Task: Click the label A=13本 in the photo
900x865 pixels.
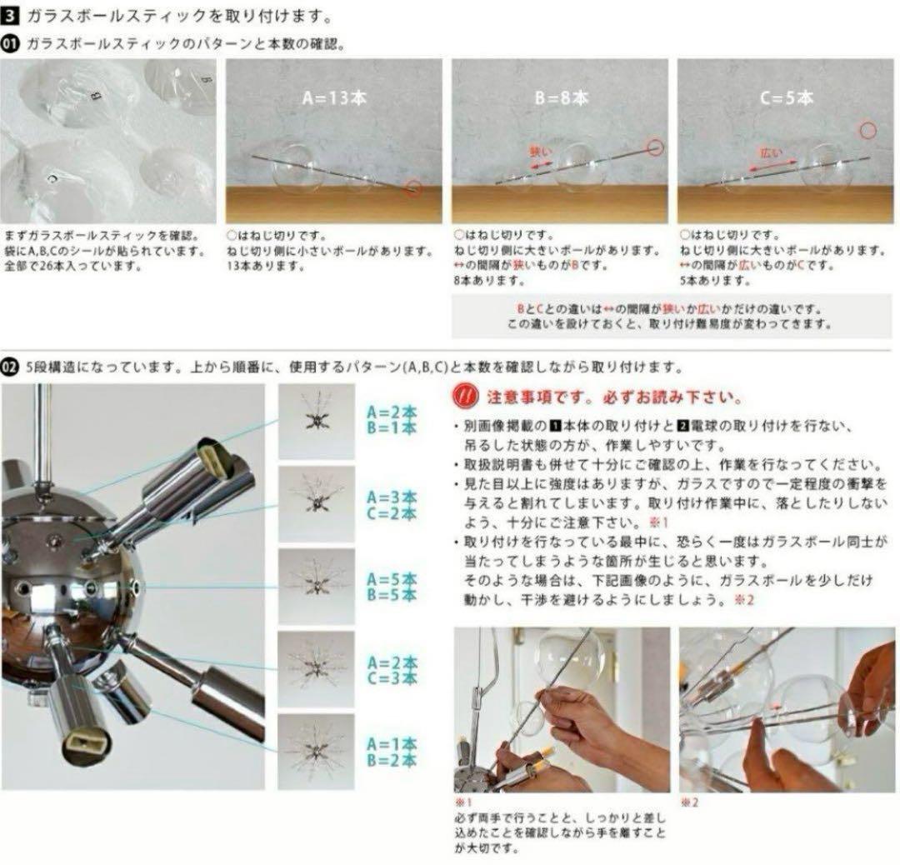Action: coord(333,97)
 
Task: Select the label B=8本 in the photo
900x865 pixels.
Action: coord(561,97)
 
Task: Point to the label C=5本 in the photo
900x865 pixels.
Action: coord(786,97)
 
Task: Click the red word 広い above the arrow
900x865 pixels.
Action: coord(770,153)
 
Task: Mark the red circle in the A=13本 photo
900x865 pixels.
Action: coord(413,188)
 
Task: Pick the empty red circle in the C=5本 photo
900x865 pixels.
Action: coord(868,130)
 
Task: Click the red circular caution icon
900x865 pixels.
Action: coord(463,395)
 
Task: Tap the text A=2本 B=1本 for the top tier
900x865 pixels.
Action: coord(392,419)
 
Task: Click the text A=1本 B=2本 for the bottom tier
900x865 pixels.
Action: coord(392,752)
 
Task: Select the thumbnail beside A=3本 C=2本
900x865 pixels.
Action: coord(316,504)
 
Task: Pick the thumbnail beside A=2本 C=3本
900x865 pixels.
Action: coord(316,669)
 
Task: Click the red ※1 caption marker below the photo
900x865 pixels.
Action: coord(462,802)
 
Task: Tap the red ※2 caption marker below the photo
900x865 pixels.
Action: coord(687,802)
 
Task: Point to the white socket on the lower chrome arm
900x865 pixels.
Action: coord(87,736)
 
